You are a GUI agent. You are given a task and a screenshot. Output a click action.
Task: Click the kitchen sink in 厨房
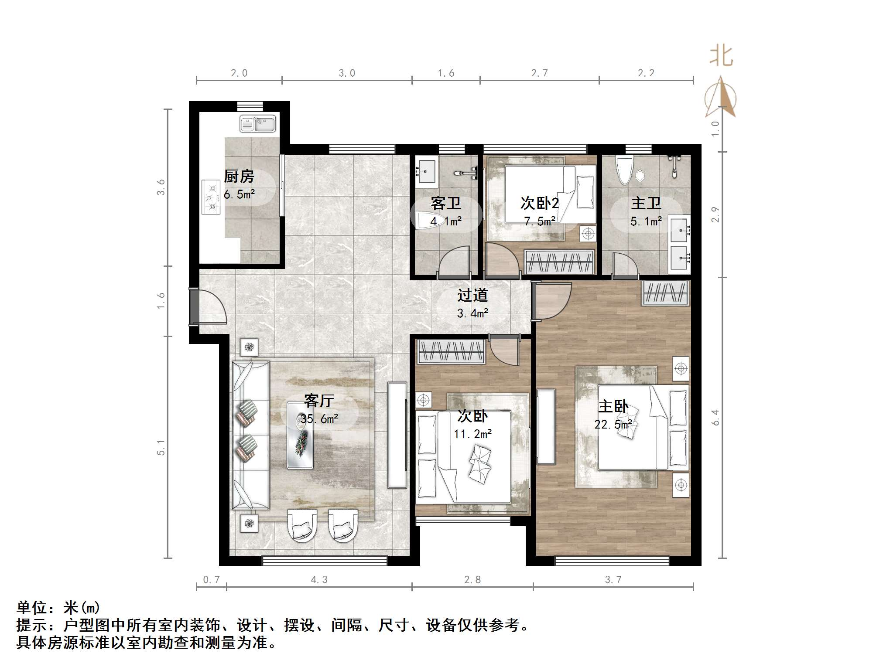tap(257, 124)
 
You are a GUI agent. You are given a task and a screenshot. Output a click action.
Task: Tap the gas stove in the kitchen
tap(211, 197)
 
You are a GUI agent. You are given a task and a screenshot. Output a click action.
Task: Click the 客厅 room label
tap(319, 400)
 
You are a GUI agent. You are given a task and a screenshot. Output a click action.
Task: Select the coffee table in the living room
tap(300, 436)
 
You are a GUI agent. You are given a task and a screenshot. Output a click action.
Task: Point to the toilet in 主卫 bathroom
tap(623, 170)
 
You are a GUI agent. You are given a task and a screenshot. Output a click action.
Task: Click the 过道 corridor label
tap(472, 295)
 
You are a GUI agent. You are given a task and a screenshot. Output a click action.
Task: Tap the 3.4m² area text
tap(472, 313)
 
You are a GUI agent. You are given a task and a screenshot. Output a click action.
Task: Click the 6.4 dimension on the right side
tap(715, 417)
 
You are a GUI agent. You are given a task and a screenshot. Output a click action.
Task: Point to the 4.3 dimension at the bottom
tap(319, 579)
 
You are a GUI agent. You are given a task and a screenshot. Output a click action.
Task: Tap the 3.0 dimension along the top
tap(347, 73)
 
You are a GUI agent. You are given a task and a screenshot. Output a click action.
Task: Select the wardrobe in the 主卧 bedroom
tap(665, 293)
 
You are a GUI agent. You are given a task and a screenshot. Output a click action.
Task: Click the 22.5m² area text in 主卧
tap(613, 424)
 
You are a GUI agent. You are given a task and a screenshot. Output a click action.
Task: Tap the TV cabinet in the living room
tap(397, 435)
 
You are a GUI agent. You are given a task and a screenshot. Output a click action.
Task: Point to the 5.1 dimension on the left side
tap(161, 448)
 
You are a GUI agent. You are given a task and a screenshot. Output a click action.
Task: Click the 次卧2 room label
tap(539, 203)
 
